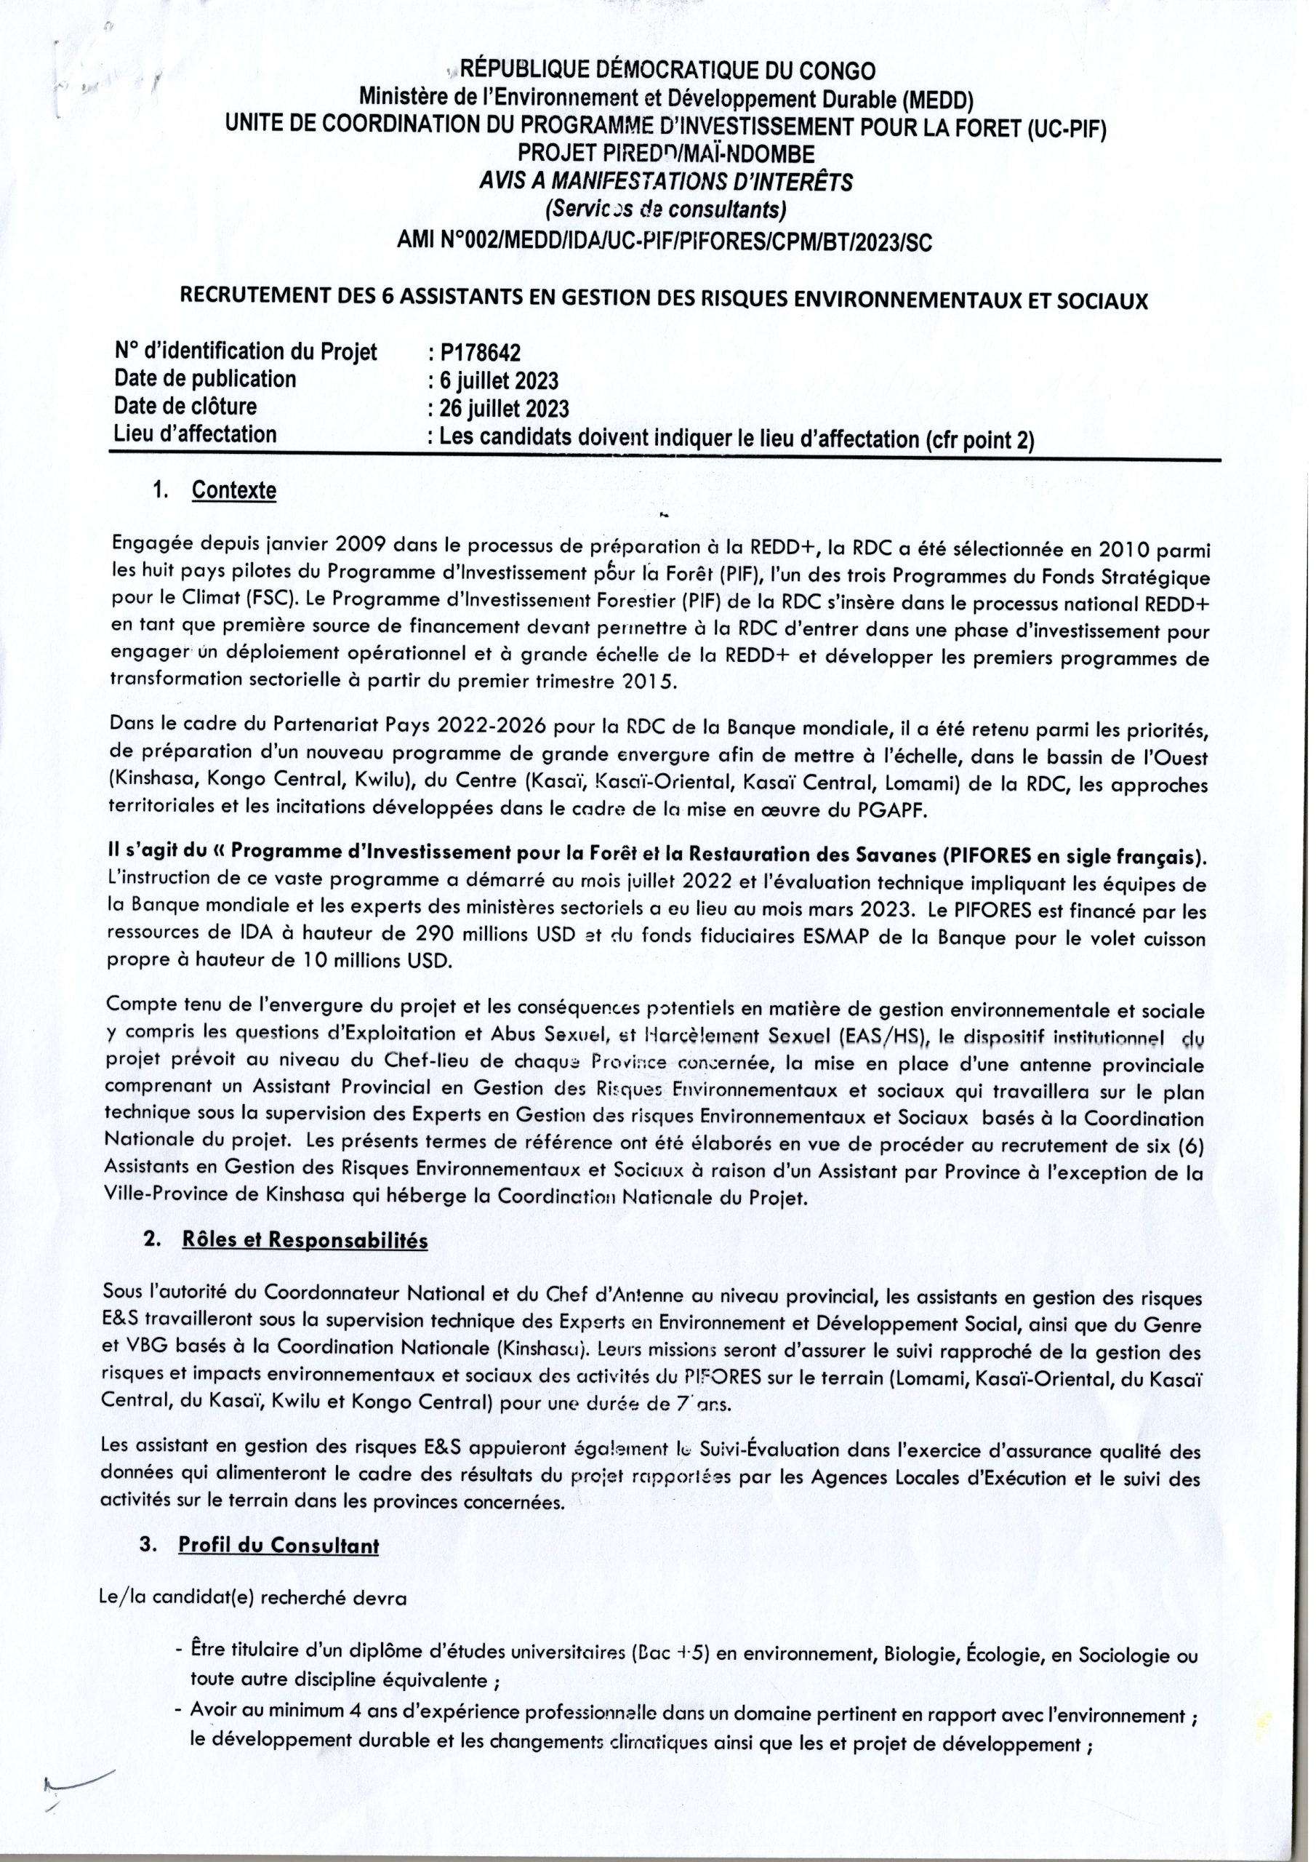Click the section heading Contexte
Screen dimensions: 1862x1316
233,491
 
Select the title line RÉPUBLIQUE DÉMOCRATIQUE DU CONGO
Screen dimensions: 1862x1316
667,71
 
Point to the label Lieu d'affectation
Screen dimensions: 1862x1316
196,434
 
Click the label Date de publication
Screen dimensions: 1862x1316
205,379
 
